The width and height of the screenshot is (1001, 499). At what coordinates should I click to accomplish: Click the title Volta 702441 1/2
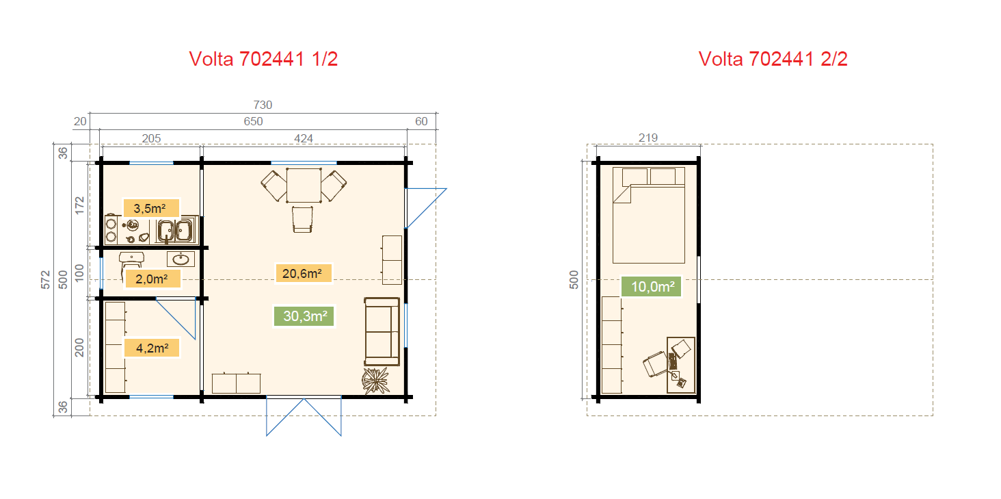click(263, 59)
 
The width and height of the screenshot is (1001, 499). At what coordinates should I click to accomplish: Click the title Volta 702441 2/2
click(773, 59)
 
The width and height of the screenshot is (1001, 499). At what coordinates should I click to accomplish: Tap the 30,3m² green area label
click(304, 316)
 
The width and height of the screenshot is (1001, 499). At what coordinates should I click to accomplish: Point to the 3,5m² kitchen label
click(151, 209)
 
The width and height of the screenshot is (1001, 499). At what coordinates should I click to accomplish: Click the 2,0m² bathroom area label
click(152, 279)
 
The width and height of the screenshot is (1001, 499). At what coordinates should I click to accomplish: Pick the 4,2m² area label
click(152, 348)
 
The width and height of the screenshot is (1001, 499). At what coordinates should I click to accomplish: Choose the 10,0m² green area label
click(652, 286)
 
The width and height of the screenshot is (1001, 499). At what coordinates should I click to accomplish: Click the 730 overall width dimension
click(263, 105)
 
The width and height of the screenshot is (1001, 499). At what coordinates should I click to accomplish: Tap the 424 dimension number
click(304, 139)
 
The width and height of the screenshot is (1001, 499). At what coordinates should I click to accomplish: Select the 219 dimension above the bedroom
click(648, 138)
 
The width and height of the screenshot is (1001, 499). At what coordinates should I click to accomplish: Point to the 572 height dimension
click(46, 280)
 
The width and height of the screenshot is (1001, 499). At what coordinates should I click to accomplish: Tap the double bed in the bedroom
click(648, 215)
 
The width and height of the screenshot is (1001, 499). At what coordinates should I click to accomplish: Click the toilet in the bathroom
click(131, 264)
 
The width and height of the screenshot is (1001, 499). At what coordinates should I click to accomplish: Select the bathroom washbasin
click(181, 259)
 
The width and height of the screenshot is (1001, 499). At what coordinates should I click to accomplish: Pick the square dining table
click(304, 185)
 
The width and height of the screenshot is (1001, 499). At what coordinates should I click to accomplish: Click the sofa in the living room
click(382, 331)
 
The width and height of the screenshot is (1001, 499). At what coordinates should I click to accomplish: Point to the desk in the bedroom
click(681, 366)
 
